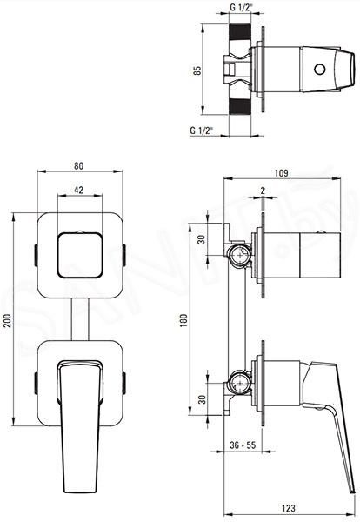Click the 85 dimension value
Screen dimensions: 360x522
(x=197, y=70)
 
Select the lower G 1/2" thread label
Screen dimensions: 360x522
(x=201, y=130)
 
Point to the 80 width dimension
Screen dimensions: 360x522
(x=79, y=165)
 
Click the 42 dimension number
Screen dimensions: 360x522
(x=78, y=190)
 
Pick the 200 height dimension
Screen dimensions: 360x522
(x=8, y=320)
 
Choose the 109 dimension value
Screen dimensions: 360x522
(x=281, y=173)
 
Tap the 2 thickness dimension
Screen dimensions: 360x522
(x=263, y=191)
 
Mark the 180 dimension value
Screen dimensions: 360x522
(x=183, y=320)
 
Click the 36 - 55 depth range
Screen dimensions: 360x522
(x=243, y=445)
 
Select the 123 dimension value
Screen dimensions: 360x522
(x=288, y=508)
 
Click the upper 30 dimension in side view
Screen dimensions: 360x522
(x=202, y=239)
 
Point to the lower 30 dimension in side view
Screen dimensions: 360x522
(x=202, y=399)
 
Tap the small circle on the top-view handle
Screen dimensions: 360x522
(x=319, y=70)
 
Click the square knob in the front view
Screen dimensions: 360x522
(x=80, y=255)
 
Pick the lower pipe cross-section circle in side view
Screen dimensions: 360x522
(x=240, y=383)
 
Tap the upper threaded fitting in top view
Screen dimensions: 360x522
(x=239, y=33)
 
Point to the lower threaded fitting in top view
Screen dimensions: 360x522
(x=239, y=106)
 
